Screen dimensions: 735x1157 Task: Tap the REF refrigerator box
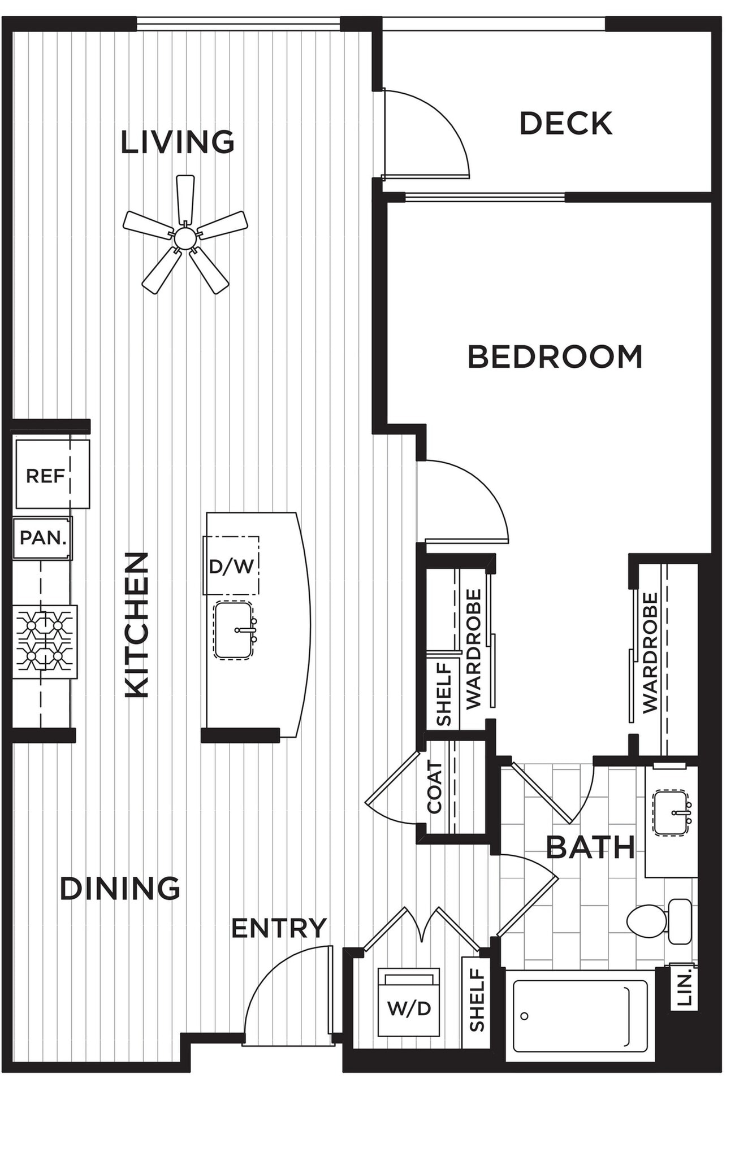(x=53, y=473)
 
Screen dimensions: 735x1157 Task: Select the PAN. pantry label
(x=43, y=537)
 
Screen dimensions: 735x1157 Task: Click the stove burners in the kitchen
(x=45, y=642)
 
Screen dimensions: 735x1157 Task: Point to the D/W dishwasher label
(x=231, y=566)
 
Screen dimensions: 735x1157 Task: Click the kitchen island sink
(x=234, y=630)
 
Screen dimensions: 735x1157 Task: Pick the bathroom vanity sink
(x=672, y=813)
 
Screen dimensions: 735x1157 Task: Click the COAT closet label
(x=434, y=787)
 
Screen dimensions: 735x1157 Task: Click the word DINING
(x=120, y=889)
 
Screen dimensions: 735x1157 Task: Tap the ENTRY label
(x=279, y=928)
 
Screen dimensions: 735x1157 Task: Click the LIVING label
(x=178, y=142)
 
